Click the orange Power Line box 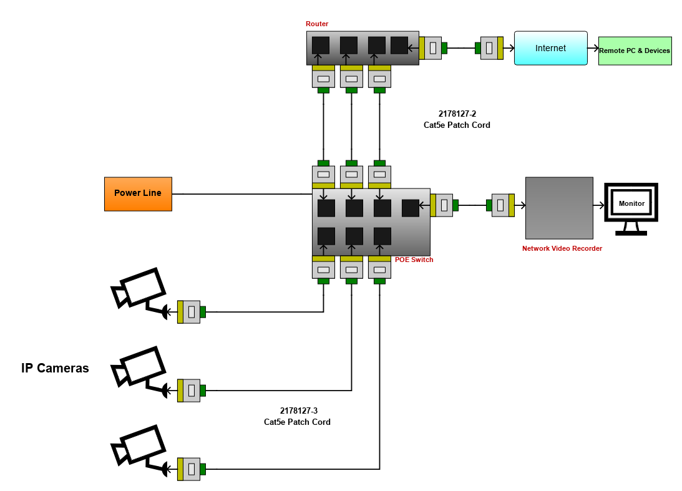[x=138, y=194]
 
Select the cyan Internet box [x=550, y=48]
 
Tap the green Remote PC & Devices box [x=635, y=51]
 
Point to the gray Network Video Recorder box [x=559, y=208]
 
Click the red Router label [x=316, y=24]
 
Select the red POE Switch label [x=414, y=260]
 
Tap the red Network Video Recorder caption [x=562, y=248]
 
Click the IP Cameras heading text [x=55, y=368]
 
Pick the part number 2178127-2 [x=457, y=114]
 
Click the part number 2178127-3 [x=299, y=411]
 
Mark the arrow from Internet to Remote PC [x=593, y=48]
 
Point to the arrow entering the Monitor [x=599, y=205]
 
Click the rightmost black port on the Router [x=399, y=45]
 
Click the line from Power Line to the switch [x=242, y=194]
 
